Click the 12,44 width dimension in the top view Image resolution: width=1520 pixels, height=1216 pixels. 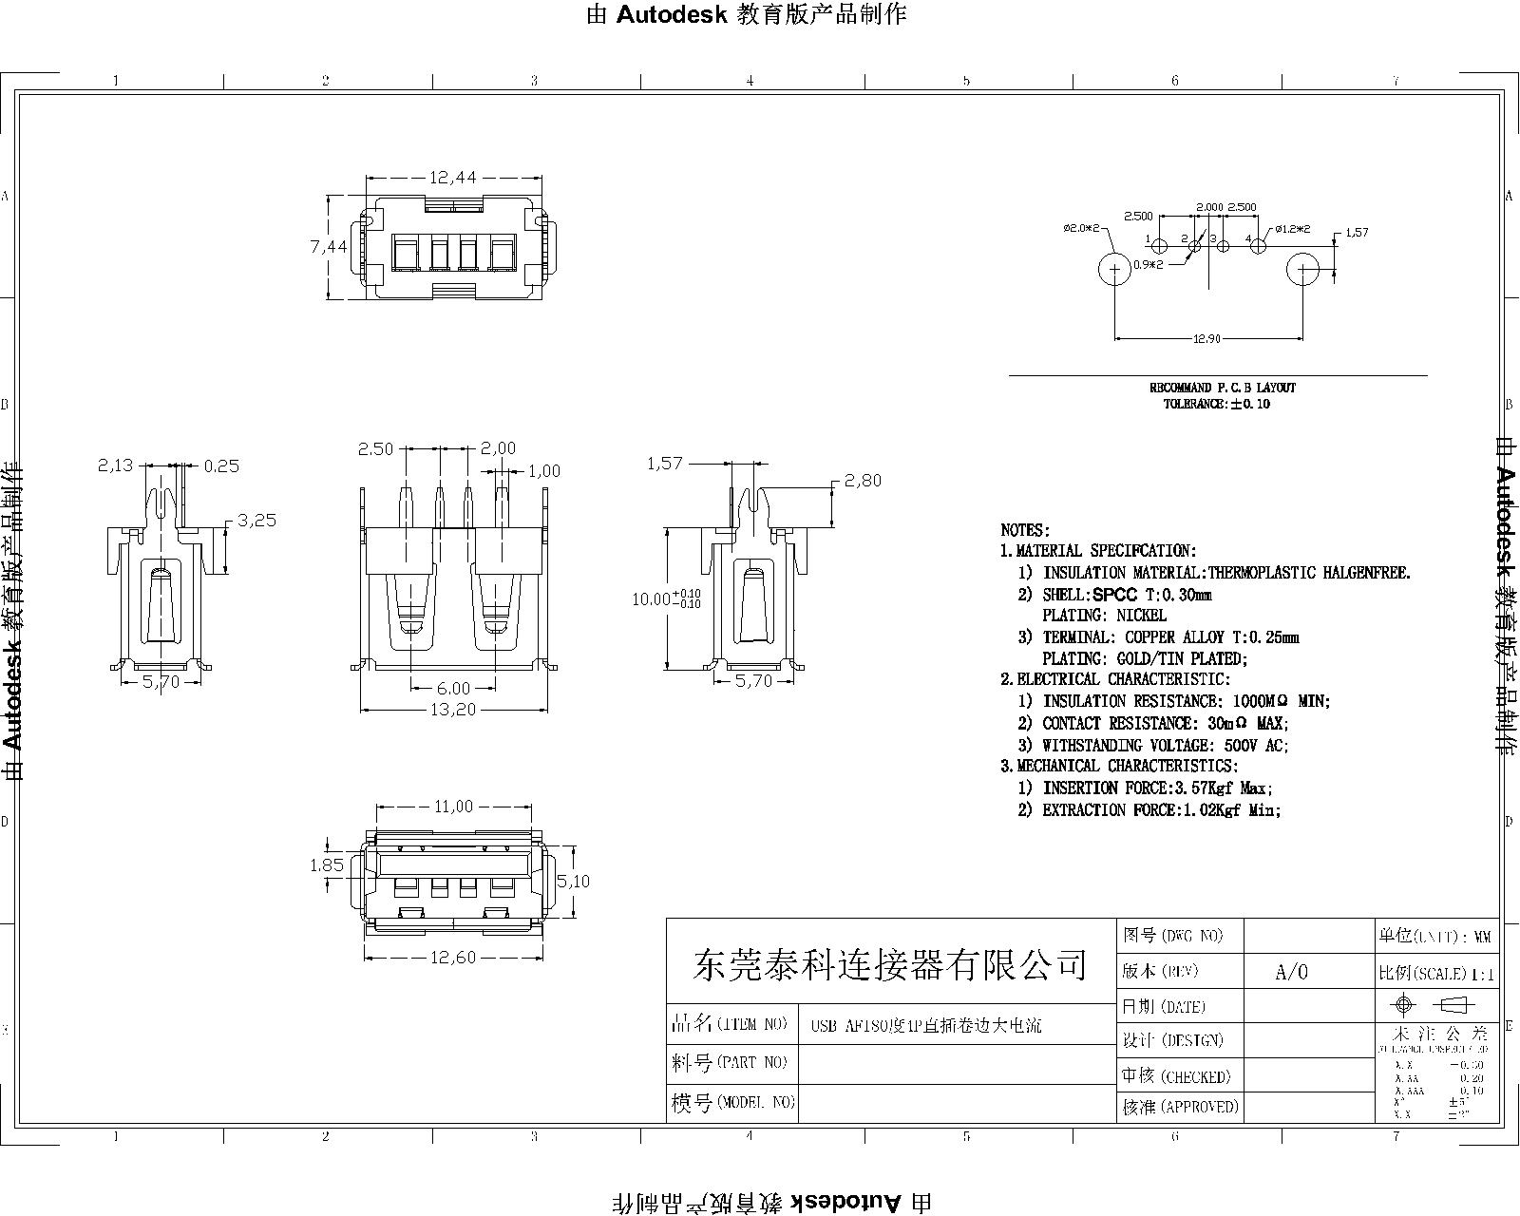coord(452,177)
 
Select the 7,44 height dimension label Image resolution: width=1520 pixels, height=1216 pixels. coord(328,246)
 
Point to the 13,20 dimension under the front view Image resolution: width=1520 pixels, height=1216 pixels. coord(452,710)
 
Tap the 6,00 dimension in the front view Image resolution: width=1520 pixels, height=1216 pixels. coord(453,688)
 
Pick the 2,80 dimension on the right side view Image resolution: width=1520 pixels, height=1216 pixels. coord(863,481)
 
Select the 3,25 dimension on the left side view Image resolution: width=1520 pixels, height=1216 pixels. coord(256,521)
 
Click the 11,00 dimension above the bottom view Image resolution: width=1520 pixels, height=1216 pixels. coord(453,807)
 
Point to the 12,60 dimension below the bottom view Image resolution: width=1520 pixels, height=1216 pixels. coord(452,958)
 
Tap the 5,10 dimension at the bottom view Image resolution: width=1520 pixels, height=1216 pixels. coord(573,882)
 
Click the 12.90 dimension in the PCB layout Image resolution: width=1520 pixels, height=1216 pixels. coord(1206,338)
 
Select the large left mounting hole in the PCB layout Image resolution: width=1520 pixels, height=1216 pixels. coord(1113,270)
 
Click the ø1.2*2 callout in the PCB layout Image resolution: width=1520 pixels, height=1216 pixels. coord(1292,229)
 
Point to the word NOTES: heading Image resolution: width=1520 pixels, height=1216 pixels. coord(1025,530)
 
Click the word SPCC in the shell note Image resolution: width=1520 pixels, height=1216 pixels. coord(1115,595)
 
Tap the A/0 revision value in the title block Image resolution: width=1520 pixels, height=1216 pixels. coord(1291,972)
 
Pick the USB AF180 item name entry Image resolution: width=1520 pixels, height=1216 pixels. coord(925,1026)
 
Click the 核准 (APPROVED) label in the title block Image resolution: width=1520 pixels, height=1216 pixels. coord(1180,1107)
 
